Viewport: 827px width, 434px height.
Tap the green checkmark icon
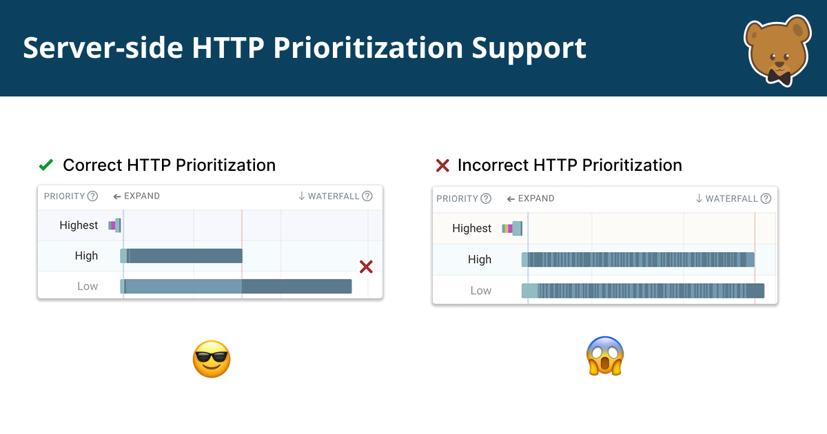pyautogui.click(x=46, y=165)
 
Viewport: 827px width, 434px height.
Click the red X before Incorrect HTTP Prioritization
pyautogui.click(x=442, y=166)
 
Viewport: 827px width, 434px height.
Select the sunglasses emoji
pyautogui.click(x=211, y=359)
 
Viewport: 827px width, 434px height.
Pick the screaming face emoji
pyautogui.click(x=604, y=355)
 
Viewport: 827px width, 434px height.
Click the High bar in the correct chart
pyautogui.click(x=182, y=256)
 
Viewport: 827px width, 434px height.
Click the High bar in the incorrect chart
pyautogui.click(x=637, y=260)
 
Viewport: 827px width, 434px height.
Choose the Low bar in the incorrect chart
pyautogui.click(x=642, y=291)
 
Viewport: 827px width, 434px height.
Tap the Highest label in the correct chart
pyautogui.click(x=79, y=225)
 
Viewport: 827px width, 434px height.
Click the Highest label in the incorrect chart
pyautogui.click(x=471, y=229)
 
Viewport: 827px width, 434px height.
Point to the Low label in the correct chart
pyautogui.click(x=88, y=287)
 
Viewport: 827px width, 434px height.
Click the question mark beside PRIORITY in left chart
pyautogui.click(x=92, y=196)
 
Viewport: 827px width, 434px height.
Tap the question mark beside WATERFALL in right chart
pyautogui.click(x=766, y=198)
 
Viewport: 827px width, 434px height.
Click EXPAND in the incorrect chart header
pyautogui.click(x=535, y=198)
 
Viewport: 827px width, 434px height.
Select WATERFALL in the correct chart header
pyautogui.click(x=334, y=196)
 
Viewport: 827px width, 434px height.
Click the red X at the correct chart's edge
pyautogui.click(x=366, y=267)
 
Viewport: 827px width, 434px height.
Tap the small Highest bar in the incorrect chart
pyautogui.click(x=512, y=229)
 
